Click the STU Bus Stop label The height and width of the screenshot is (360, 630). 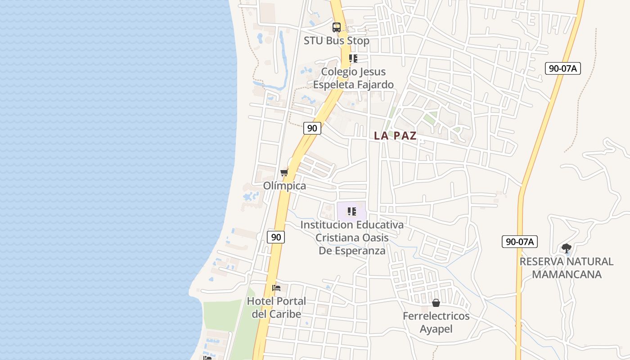click(x=337, y=40)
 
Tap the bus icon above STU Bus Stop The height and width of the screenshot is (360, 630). click(x=337, y=27)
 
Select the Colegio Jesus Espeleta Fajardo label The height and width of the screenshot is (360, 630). click(x=353, y=78)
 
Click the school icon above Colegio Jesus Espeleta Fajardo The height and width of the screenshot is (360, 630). click(x=353, y=58)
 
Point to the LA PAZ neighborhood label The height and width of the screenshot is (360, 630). click(x=396, y=136)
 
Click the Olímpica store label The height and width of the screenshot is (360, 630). click(x=284, y=186)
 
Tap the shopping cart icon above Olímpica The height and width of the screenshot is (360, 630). click(x=284, y=173)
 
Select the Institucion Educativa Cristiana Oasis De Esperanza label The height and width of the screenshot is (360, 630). click(x=352, y=238)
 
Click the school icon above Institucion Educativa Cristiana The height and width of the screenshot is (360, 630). click(x=352, y=211)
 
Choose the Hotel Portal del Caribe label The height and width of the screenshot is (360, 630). click(x=276, y=307)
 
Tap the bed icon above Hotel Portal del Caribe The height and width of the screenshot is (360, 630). click(x=276, y=288)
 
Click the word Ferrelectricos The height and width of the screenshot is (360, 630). click(x=436, y=316)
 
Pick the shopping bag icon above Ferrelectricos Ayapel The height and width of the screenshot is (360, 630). click(x=436, y=303)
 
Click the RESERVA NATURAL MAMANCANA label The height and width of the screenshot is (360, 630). click(x=567, y=268)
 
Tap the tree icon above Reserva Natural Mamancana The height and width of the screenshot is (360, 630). click(x=567, y=248)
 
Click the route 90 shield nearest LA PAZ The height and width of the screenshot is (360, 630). click(x=312, y=128)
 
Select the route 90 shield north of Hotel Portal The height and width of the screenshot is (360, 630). click(x=276, y=237)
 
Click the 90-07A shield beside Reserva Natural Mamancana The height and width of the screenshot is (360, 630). click(x=520, y=242)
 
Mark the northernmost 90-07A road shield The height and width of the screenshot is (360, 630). click(x=563, y=68)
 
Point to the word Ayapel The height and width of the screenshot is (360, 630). click(x=436, y=329)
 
